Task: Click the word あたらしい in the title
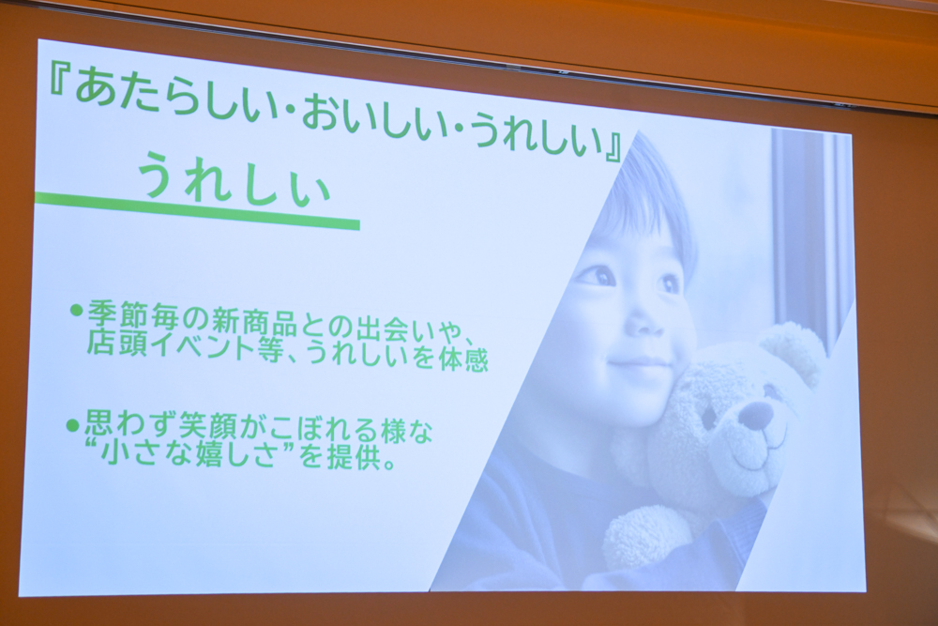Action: click(174, 101)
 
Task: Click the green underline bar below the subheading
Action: click(197, 209)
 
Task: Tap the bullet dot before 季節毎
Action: click(75, 310)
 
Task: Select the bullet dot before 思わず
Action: click(73, 425)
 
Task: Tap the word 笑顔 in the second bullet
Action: click(206, 429)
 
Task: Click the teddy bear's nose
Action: click(755, 414)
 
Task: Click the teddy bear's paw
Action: click(647, 539)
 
